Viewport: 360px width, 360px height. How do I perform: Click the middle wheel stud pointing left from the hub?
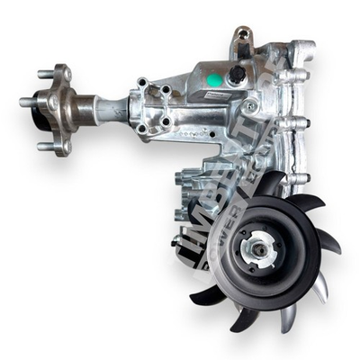[27, 103]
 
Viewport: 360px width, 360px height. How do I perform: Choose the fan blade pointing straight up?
[271, 183]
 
